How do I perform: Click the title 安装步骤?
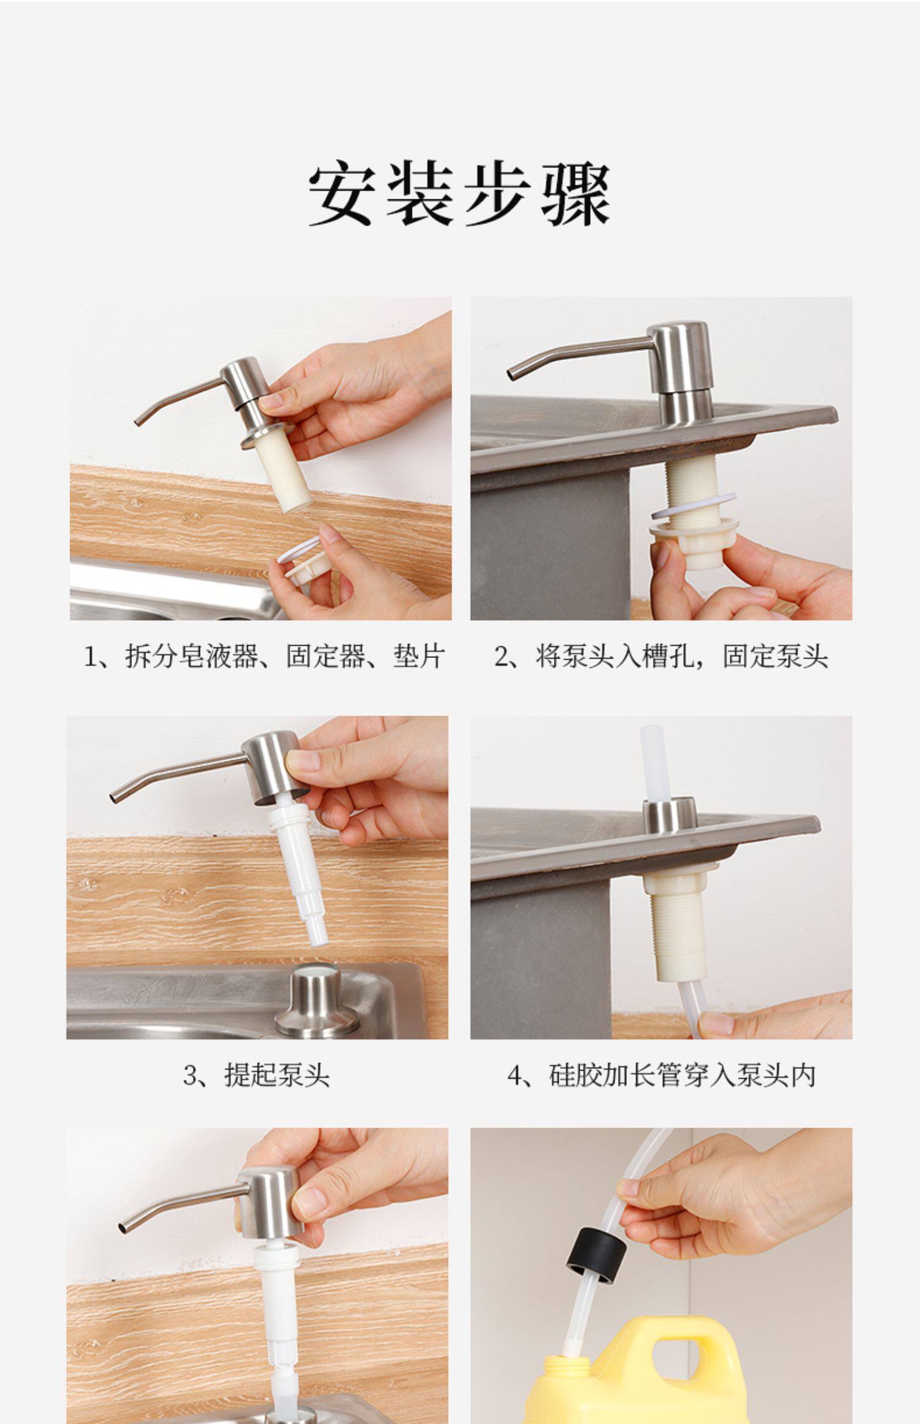[x=459, y=195]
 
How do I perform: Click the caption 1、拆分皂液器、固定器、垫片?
[x=264, y=656]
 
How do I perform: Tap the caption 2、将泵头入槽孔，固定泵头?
[x=661, y=656]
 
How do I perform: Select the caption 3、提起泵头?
[x=256, y=1075]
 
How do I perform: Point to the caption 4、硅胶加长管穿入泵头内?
[x=661, y=1075]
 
